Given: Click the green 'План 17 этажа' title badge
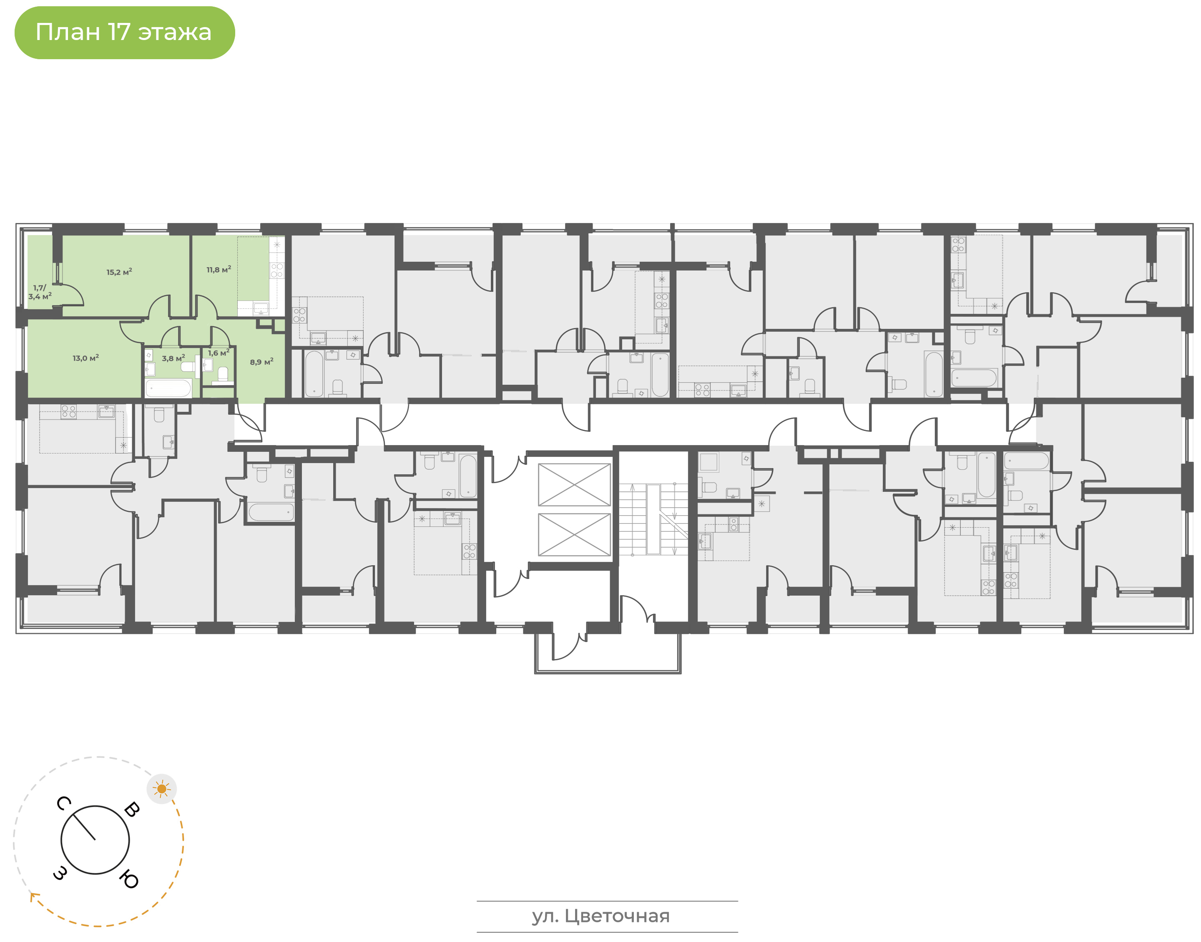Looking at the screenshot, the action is pyautogui.click(x=124, y=33).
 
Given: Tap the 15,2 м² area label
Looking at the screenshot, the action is pyautogui.click(x=119, y=272).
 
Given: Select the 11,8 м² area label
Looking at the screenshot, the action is pyautogui.click(x=219, y=270).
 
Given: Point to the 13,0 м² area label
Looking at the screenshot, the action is pyautogui.click(x=85, y=358).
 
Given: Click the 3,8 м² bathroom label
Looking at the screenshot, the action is pyautogui.click(x=173, y=358).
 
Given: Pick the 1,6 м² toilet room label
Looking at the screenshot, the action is pyautogui.click(x=219, y=353).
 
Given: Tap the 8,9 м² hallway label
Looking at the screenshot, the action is pyautogui.click(x=261, y=362).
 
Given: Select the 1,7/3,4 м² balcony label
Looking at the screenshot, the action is pyautogui.click(x=40, y=292).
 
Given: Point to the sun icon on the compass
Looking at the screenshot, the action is pyautogui.click(x=162, y=789).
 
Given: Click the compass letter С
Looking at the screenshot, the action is pyautogui.click(x=64, y=804).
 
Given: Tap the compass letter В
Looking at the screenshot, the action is pyautogui.click(x=132, y=809).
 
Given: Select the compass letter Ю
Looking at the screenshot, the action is pyautogui.click(x=128, y=879).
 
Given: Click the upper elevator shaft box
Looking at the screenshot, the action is pyautogui.click(x=574, y=484).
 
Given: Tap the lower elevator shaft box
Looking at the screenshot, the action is pyautogui.click(x=574, y=534).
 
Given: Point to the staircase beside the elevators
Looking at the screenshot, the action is pyautogui.click(x=653, y=519).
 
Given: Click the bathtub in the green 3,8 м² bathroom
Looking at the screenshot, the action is pyautogui.click(x=168, y=388).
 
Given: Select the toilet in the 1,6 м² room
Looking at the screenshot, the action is pyautogui.click(x=223, y=374).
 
